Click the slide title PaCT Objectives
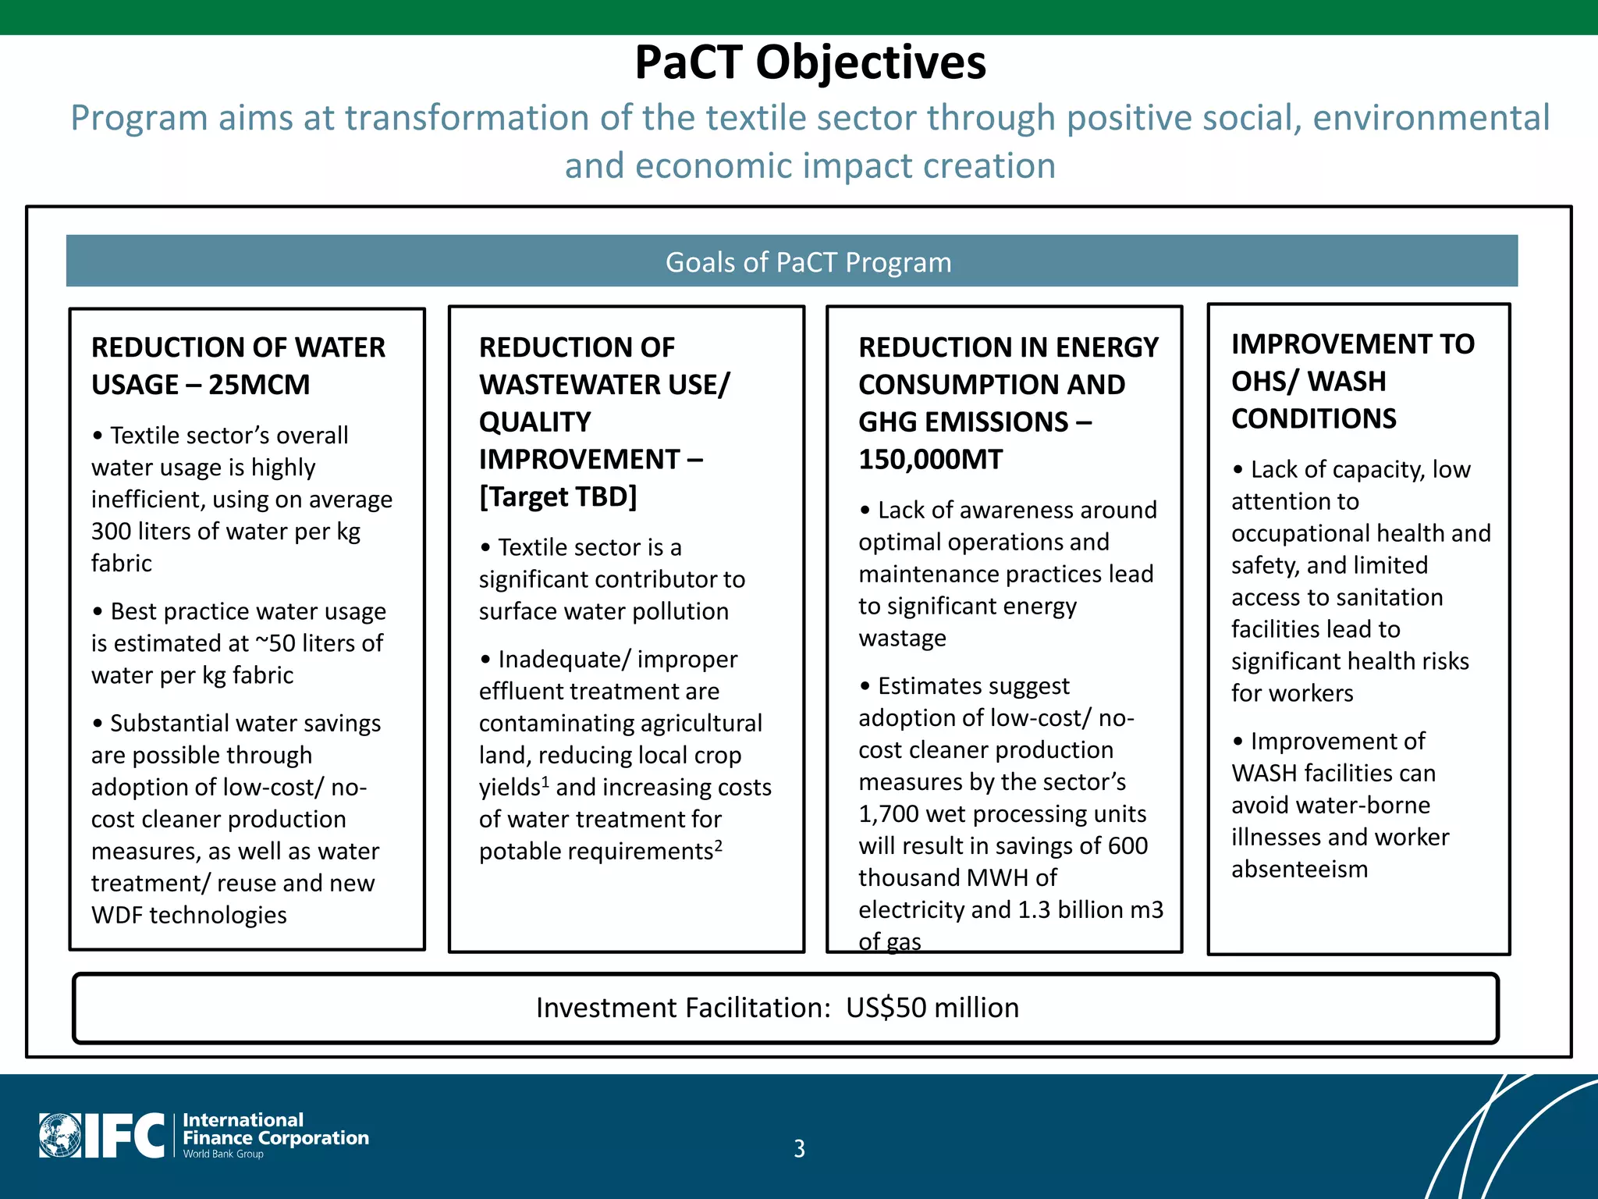click(810, 62)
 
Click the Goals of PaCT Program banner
click(808, 262)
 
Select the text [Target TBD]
click(558, 496)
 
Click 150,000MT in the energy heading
click(930, 459)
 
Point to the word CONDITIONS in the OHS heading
click(1314, 418)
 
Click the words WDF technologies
click(189, 915)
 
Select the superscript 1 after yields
click(545, 781)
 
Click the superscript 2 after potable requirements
click(719, 845)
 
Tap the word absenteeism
click(1299, 870)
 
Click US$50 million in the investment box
click(932, 1008)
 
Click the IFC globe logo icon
click(60, 1136)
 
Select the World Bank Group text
click(223, 1154)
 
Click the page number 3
click(799, 1148)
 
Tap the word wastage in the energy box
click(902, 639)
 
